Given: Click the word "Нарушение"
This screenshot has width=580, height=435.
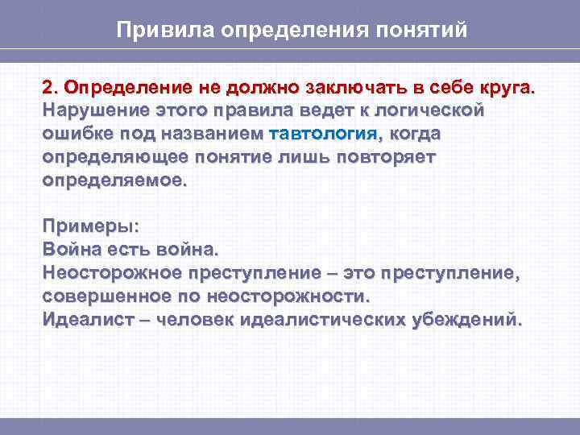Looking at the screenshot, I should [x=86, y=110].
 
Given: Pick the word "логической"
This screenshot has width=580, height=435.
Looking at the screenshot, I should [x=430, y=110].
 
